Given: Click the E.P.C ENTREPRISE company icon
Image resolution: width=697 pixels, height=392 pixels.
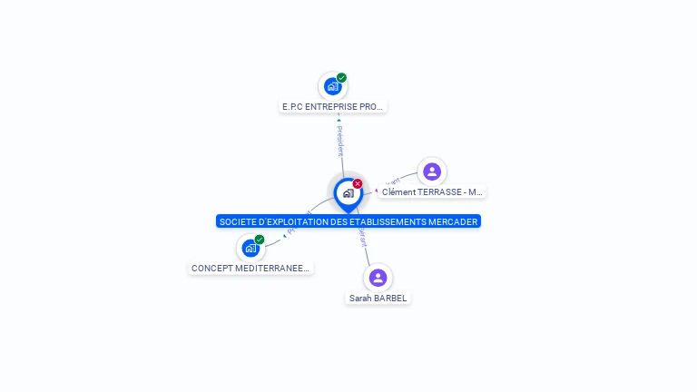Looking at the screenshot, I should click(332, 87).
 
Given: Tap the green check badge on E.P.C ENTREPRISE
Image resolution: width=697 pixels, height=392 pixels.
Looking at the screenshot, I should click(342, 78).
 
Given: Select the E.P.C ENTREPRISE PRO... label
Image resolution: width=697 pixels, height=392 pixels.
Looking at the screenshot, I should click(333, 107).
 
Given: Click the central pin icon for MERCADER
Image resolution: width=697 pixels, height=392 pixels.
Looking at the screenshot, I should click(348, 193).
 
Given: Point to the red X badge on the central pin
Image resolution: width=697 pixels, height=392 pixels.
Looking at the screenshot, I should click(358, 184).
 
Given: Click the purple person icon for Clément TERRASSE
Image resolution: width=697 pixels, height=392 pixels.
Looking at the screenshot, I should click(432, 171).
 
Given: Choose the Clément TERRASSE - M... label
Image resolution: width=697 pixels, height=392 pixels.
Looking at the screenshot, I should click(432, 192).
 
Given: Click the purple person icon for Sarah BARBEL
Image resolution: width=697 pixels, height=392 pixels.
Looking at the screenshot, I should click(378, 277).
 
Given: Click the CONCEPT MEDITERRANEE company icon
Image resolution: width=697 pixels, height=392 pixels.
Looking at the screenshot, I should click(250, 248).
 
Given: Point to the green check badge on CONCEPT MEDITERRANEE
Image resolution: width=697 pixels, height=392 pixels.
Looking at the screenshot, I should click(260, 240).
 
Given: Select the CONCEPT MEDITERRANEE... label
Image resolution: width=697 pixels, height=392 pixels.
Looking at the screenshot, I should click(250, 269).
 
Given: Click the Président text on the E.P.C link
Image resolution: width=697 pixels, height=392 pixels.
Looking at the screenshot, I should click(340, 142).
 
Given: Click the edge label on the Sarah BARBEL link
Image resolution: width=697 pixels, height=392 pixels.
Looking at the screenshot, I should click(363, 238).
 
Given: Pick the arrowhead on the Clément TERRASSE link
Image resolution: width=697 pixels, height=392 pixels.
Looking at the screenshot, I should click(377, 191).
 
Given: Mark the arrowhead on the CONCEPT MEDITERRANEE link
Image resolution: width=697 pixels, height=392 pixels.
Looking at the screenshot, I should click(284, 236).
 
